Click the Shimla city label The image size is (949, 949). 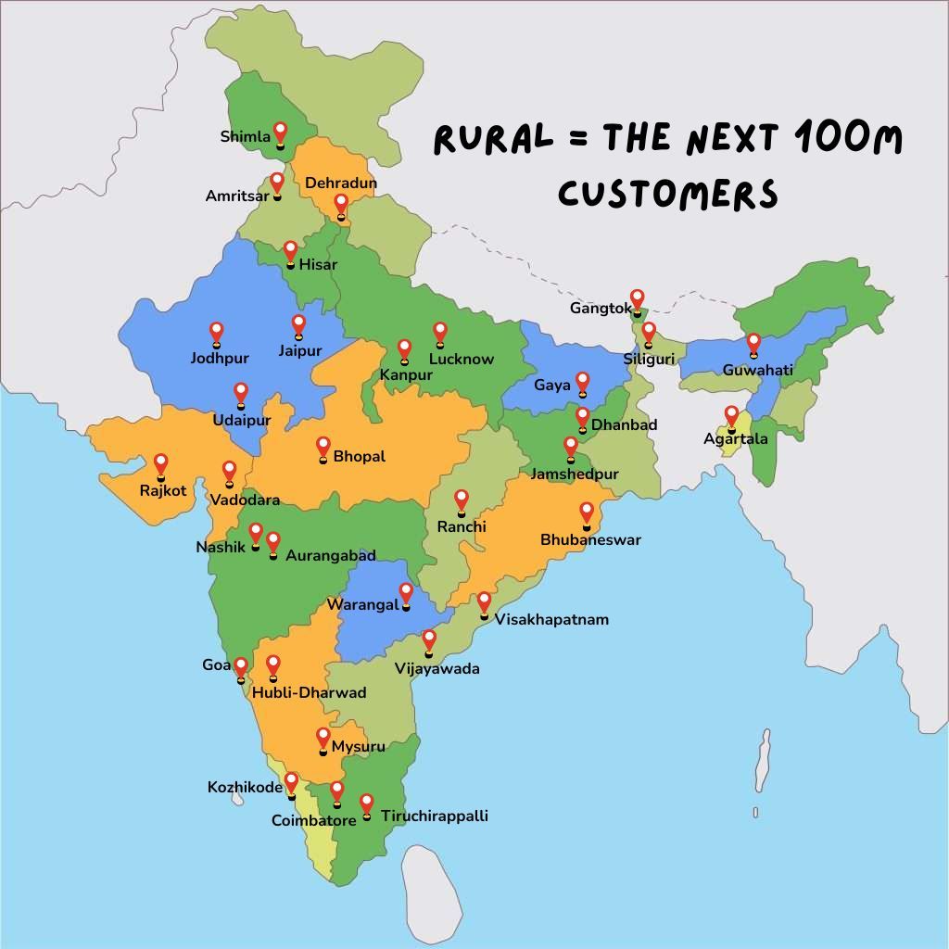pos(245,137)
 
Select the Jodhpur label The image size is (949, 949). pos(219,358)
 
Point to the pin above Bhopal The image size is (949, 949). pos(323,447)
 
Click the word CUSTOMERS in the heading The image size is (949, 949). pos(667,194)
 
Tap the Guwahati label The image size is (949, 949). pos(758,370)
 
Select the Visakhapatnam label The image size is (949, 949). pos(551,619)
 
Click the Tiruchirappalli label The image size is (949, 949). pos(434,816)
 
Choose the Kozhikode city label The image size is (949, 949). pos(245,788)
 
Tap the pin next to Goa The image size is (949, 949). pos(241,667)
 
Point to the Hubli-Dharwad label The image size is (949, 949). pos(309,692)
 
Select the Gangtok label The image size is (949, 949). pos(601,308)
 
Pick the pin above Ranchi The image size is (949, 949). pos(461,500)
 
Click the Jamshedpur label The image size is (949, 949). pos(575,474)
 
